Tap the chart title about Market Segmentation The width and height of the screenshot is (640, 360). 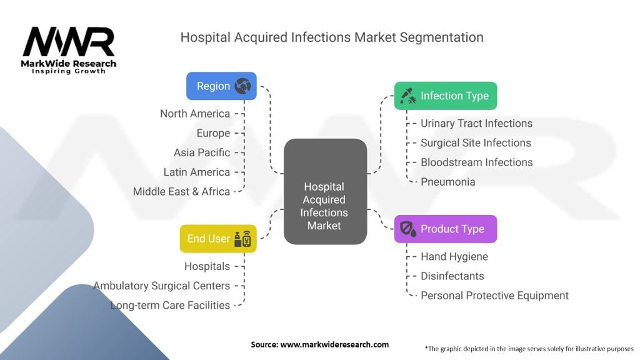pos(331,37)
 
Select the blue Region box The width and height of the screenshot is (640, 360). pos(221,86)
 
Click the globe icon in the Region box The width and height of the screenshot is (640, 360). pos(242,86)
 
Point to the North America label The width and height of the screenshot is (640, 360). pos(195,114)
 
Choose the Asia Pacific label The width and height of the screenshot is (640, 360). pos(202,152)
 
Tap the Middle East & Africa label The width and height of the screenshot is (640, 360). pos(181,191)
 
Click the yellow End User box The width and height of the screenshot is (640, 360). pos(218,239)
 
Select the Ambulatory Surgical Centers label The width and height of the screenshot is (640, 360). pos(161,286)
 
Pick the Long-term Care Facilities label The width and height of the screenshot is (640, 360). pos(170,305)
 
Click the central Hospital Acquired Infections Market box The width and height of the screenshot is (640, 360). pos(325,206)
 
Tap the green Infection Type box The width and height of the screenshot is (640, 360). pos(445,96)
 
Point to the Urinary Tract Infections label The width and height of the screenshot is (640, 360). pos(476,124)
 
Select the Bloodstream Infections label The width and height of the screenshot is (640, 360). pos(476,162)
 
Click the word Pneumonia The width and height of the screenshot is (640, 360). pos(447,182)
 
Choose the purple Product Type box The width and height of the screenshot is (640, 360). pos(445,229)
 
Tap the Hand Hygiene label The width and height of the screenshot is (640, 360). pos(454,256)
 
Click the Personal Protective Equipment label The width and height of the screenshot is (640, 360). pos(494,295)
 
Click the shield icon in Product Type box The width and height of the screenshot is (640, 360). pos(407,229)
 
